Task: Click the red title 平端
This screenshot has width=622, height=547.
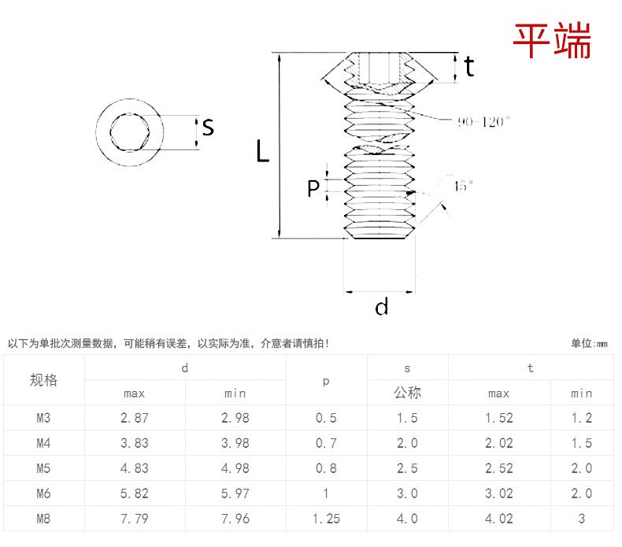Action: [552, 40]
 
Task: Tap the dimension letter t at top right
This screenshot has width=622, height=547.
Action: [469, 68]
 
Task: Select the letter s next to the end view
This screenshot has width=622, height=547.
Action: [208, 127]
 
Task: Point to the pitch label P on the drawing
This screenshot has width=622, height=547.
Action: [313, 189]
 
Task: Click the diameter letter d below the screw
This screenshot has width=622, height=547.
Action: [382, 307]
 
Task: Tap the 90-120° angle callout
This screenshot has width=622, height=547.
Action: [483, 121]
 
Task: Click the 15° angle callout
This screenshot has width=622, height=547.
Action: [464, 186]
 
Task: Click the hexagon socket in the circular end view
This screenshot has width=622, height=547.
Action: [131, 131]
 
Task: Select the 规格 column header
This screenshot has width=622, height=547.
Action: [44, 380]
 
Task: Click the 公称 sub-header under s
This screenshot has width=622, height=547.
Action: [408, 393]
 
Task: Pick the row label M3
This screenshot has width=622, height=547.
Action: [44, 418]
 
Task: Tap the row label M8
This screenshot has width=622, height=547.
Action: [44, 519]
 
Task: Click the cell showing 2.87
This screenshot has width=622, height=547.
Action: [135, 418]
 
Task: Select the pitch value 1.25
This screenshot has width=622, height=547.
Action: [326, 519]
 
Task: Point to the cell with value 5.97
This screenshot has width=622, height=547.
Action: [235, 493]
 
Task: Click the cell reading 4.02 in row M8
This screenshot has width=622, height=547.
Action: [499, 519]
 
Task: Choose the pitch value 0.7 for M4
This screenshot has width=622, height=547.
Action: [326, 443]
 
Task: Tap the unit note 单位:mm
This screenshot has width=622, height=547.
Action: [590, 343]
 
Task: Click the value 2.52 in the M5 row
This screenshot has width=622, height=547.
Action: [499, 468]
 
